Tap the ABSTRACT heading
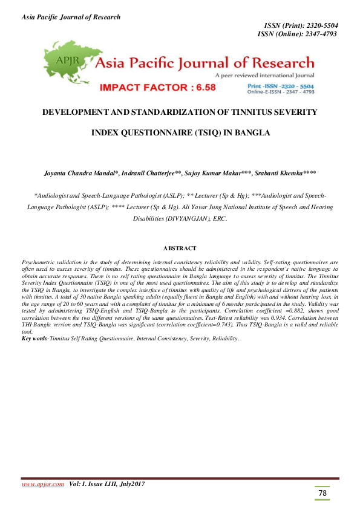[180, 248]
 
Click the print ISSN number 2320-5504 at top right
[317, 25]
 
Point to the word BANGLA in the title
[249, 132]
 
